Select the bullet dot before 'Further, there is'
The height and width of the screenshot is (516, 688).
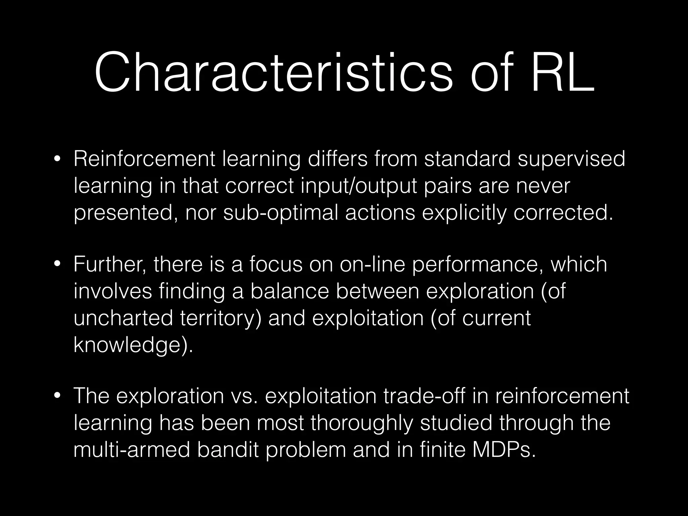[x=58, y=264]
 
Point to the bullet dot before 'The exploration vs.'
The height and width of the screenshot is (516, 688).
[x=58, y=396]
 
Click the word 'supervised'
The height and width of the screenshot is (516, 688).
[x=571, y=159]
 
